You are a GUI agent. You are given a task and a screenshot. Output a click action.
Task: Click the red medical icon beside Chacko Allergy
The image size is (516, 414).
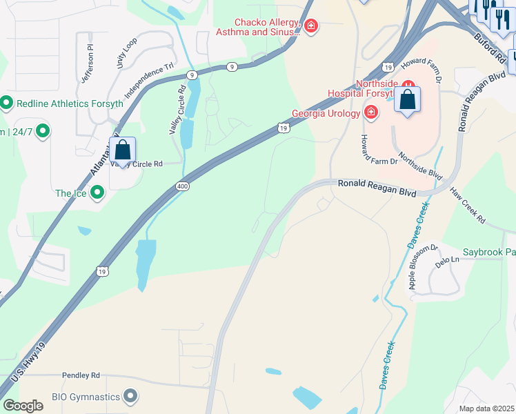(311, 26)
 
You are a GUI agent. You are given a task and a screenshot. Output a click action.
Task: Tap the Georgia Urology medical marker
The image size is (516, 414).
(371, 112)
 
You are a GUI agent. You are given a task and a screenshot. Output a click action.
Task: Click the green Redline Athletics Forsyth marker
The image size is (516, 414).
(7, 103)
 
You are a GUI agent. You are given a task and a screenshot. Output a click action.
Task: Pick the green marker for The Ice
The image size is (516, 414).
(97, 193)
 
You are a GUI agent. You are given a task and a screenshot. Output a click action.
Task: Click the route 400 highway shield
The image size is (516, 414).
(182, 186)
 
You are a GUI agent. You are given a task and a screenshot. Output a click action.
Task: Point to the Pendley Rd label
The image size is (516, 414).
(81, 375)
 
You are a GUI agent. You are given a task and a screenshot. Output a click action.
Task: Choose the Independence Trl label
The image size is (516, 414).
(148, 82)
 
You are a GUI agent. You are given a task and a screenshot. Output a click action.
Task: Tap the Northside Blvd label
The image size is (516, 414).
(420, 166)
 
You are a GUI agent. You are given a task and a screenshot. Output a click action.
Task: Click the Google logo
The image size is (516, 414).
(22, 406)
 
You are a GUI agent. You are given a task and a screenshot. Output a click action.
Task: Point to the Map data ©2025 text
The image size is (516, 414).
(486, 408)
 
